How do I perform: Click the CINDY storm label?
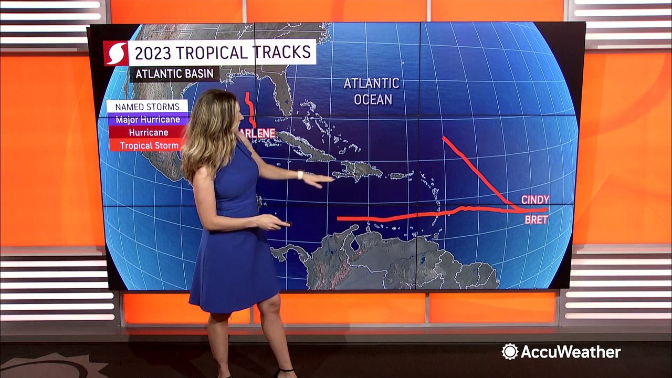coord(535,199)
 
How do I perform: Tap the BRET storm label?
coord(536,219)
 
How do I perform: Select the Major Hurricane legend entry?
coord(148,120)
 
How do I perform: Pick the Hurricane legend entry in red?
coord(148,132)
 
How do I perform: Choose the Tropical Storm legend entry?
coord(149,145)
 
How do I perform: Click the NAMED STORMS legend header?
coord(147,107)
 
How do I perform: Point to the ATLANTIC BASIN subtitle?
coord(175,73)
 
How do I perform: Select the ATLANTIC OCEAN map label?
coord(372,91)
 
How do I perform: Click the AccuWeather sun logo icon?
coord(510,352)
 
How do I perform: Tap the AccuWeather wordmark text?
coord(570,352)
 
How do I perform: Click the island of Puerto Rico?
coord(397,176)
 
